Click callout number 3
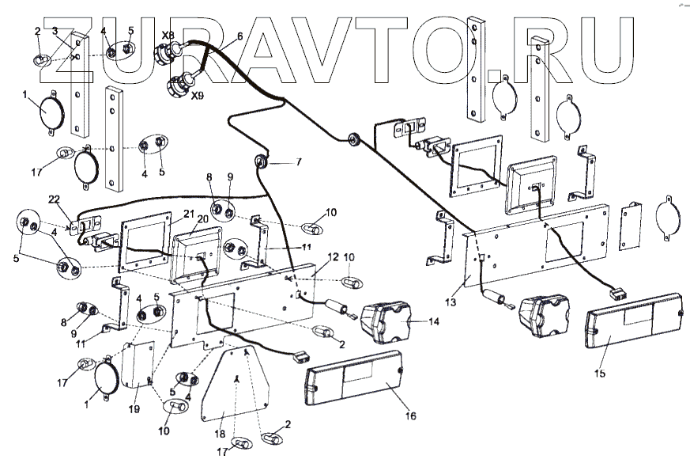pyautogui.click(x=55, y=31)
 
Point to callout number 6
pyautogui.click(x=239, y=36)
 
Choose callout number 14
pyautogui.click(x=434, y=322)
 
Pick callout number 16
pyautogui.click(x=410, y=416)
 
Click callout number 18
pyautogui.click(x=221, y=435)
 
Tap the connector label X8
pyautogui.click(x=168, y=36)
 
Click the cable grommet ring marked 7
pyautogui.click(x=260, y=165)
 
